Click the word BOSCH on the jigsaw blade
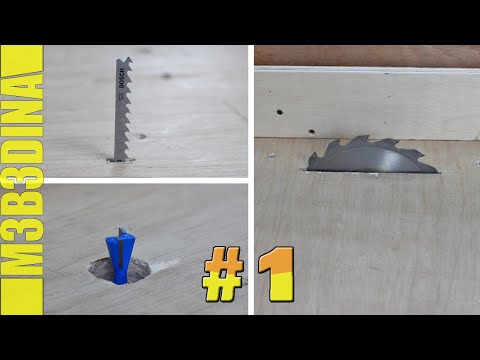[121, 78]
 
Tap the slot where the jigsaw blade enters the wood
[121, 160]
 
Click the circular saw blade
[373, 156]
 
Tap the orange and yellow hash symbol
[223, 274]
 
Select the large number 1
[276, 274]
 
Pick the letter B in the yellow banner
[22, 194]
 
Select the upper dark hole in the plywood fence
[280, 112]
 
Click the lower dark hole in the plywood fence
[312, 131]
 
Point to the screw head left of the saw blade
[271, 155]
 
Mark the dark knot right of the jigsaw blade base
[142, 136]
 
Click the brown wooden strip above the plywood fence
[367, 56]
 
